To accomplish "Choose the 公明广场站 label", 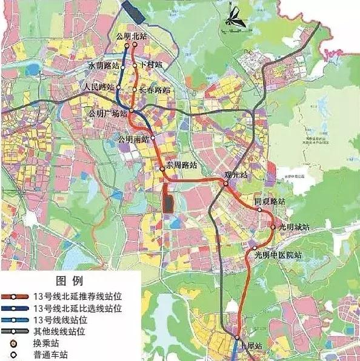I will (x=108, y=113).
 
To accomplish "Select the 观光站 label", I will (x=236, y=175).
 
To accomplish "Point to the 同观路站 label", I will (x=269, y=201).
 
